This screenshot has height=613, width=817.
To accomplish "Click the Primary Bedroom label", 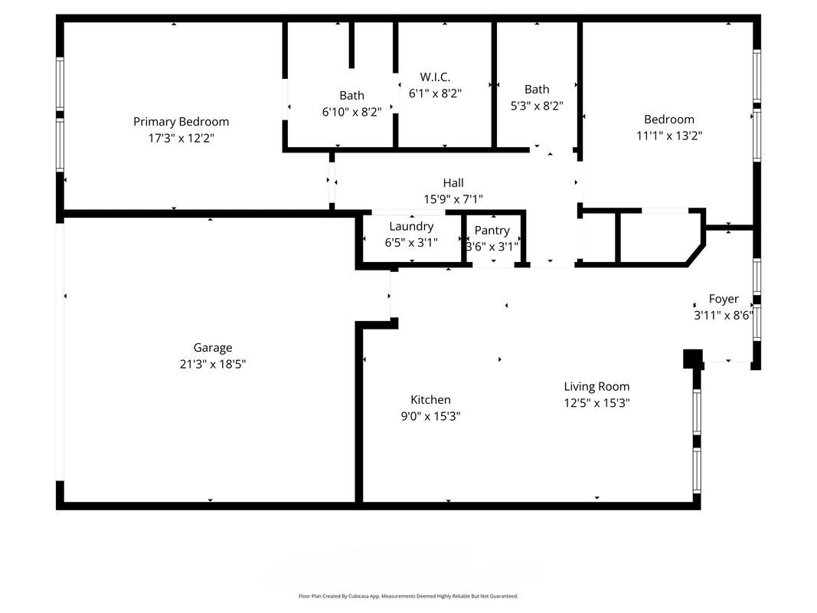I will coord(181,121).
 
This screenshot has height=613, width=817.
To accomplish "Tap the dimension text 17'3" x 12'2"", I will coord(181,138).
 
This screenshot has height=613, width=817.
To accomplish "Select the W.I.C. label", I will coord(435,77).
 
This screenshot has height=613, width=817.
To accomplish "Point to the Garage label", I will coord(212,348).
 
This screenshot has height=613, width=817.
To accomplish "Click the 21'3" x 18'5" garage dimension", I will coord(212,365).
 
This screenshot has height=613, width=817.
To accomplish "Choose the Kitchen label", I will coord(430,399).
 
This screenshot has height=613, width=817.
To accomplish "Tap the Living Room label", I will coord(596,386).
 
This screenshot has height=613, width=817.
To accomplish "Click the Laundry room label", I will coord(411,226).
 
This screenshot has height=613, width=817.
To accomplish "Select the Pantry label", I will coord(492,230).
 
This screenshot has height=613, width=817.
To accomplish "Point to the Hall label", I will coord(453,182).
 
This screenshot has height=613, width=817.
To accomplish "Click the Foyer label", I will coord(724,299).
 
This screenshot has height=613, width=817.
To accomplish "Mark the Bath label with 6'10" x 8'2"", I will coord(351,95).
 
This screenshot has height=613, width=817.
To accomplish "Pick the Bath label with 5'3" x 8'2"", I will coord(537,89).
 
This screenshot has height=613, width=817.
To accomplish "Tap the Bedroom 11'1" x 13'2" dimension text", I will coord(669,136).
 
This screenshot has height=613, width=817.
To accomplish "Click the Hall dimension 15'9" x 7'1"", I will coord(453,199).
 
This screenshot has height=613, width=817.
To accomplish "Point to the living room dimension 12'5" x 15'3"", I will coord(596,403).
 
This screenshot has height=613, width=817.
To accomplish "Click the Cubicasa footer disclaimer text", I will coord(408,595).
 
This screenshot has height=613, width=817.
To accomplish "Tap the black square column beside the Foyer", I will coord(692,359).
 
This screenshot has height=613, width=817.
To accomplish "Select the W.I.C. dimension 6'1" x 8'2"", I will coord(435,93).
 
